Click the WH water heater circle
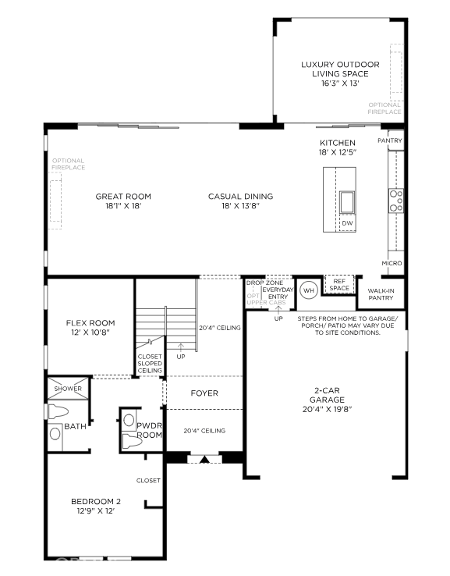[307, 290]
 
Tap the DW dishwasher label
[347, 223]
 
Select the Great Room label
[123, 197]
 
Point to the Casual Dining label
[240, 197]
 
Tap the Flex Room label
[90, 323]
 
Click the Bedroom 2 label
[97, 501]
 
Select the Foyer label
[204, 393]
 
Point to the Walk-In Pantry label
[381, 294]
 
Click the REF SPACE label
[339, 285]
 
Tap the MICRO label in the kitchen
[392, 264]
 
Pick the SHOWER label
[68, 389]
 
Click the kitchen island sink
[347, 202]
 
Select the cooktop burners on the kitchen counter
[395, 201]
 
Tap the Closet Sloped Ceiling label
[150, 364]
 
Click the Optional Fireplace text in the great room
[69, 164]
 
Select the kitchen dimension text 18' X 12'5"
[337, 152]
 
